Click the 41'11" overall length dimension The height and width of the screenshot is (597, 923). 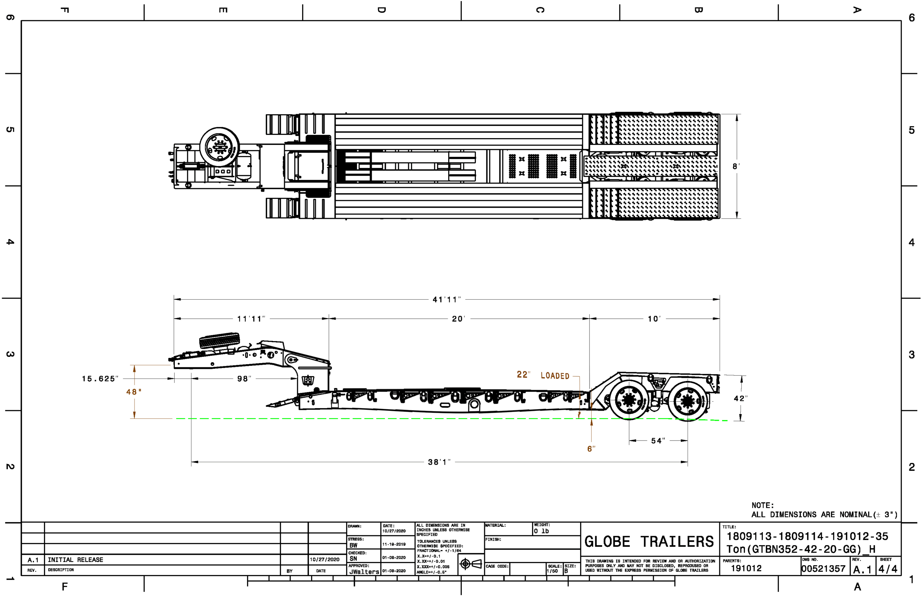click(446, 299)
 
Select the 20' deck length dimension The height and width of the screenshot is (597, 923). click(458, 319)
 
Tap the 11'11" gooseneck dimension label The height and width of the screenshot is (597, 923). click(251, 319)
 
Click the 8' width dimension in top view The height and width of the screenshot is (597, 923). click(736, 166)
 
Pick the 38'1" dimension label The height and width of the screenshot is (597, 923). click(439, 462)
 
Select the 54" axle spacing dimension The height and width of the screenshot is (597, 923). click(658, 441)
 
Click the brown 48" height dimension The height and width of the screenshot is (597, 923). click(134, 392)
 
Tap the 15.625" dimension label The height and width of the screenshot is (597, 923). click(100, 379)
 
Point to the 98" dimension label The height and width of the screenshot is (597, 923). click(244, 379)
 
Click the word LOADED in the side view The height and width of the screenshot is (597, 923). click(555, 376)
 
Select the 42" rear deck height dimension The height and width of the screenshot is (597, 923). click(740, 398)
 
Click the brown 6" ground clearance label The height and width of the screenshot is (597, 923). click(591, 449)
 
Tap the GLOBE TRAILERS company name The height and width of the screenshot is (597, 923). click(649, 541)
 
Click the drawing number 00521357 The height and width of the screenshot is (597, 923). click(823, 569)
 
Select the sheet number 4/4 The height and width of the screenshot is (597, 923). click(887, 569)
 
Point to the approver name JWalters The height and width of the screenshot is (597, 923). click(364, 572)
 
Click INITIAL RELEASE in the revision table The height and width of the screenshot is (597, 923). click(75, 560)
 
